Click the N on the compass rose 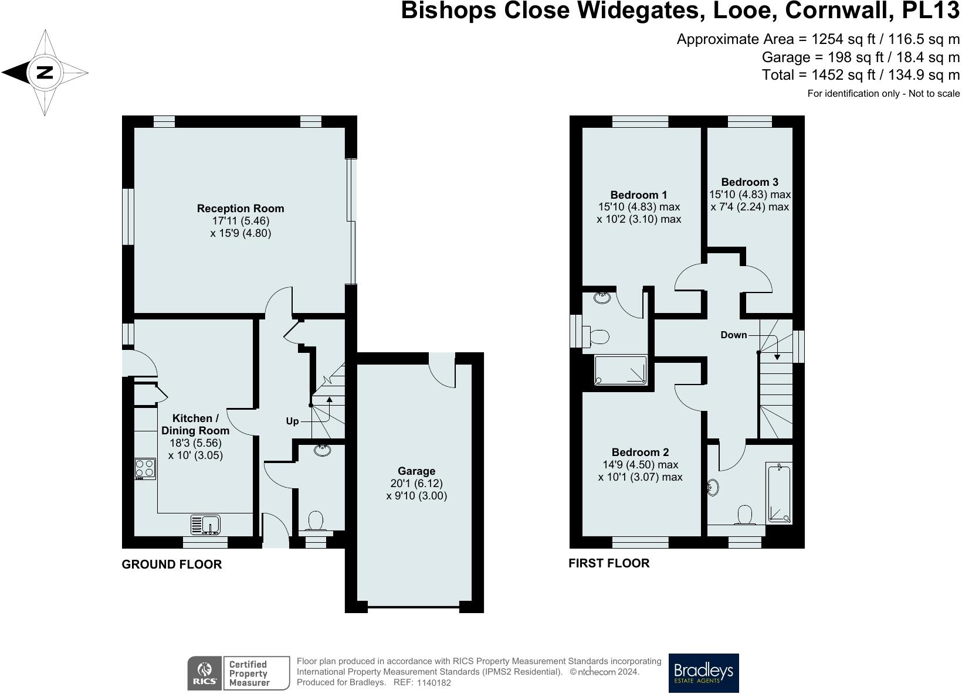click(x=45, y=73)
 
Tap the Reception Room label click(x=240, y=209)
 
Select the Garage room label click(x=416, y=471)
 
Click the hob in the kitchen click(x=145, y=469)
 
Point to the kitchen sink click(x=205, y=525)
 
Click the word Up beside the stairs click(x=292, y=421)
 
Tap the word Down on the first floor click(x=733, y=335)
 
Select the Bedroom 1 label click(x=639, y=195)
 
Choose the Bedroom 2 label click(x=640, y=452)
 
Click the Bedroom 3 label click(x=750, y=182)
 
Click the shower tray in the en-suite click(x=621, y=369)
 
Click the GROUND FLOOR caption click(x=172, y=564)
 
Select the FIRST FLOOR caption click(x=609, y=563)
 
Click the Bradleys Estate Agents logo click(x=703, y=673)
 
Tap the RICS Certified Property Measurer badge click(x=239, y=673)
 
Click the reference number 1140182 click(x=433, y=682)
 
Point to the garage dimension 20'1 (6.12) click(x=416, y=483)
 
